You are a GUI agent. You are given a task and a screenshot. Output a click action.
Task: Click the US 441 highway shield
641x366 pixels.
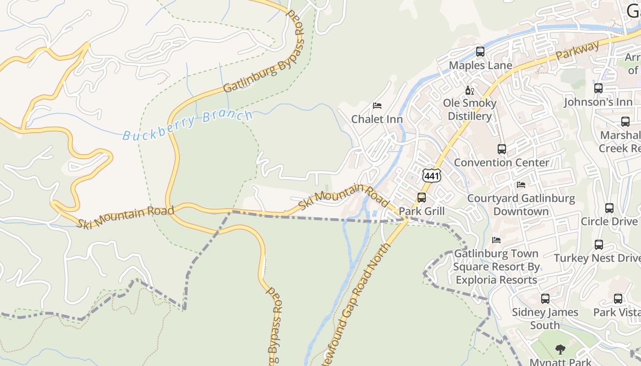pyautogui.click(x=432, y=176)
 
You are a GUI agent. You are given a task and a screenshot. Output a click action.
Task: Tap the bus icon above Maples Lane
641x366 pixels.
pyautogui.click(x=480, y=52)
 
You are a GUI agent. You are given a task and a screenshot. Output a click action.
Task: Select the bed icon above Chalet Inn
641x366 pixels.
pyautogui.click(x=377, y=106)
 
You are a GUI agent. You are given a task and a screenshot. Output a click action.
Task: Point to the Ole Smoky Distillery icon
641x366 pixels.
pyautogui.click(x=469, y=90)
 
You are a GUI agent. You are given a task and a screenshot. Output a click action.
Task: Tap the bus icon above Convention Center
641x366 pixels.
pyautogui.click(x=501, y=149)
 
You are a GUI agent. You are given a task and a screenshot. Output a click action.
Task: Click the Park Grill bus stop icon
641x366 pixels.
pyautogui.click(x=421, y=198)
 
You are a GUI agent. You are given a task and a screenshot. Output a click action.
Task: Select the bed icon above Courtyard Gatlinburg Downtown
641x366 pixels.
pyautogui.click(x=521, y=185)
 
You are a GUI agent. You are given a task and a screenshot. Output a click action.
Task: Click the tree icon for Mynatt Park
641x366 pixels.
pyautogui.click(x=560, y=350)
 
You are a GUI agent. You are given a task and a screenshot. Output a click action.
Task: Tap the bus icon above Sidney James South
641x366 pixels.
pyautogui.click(x=545, y=299)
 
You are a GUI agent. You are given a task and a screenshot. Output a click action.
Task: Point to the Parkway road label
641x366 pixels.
pyautogui.click(x=577, y=52)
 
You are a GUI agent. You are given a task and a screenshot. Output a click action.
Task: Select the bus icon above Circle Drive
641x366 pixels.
pyautogui.click(x=609, y=208)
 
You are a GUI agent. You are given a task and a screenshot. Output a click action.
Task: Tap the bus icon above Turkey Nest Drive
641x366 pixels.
pyautogui.click(x=598, y=245)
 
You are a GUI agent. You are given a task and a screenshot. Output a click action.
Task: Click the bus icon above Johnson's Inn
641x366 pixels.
pyautogui.click(x=598, y=88)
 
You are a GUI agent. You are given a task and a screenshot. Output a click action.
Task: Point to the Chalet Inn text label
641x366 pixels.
pyautogui.click(x=377, y=119)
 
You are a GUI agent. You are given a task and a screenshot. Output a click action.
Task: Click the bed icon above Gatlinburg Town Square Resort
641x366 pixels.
pyautogui.click(x=496, y=240)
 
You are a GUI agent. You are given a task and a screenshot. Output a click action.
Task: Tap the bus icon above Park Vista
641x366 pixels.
pyautogui.click(x=618, y=299)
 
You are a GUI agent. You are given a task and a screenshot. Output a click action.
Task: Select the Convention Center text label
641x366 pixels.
pyautogui.click(x=501, y=162)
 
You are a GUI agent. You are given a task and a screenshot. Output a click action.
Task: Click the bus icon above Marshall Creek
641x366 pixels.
pyautogui.click(x=625, y=122)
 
